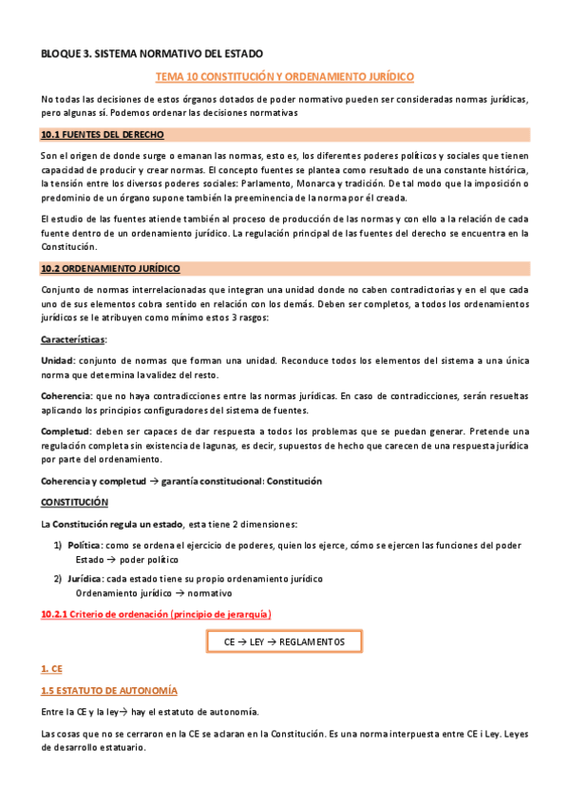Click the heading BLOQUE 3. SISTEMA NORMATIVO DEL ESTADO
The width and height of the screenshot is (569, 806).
pos(152,54)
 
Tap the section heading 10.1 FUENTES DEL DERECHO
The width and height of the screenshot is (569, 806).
pos(96,134)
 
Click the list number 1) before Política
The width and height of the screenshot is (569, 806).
pos(58,545)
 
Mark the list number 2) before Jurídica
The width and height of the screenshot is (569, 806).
pos(58,578)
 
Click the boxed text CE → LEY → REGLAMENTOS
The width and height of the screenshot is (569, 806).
pos(284,643)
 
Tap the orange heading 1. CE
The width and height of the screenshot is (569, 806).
pos(51,670)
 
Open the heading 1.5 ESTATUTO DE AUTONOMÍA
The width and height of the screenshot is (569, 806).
pos(109,689)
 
